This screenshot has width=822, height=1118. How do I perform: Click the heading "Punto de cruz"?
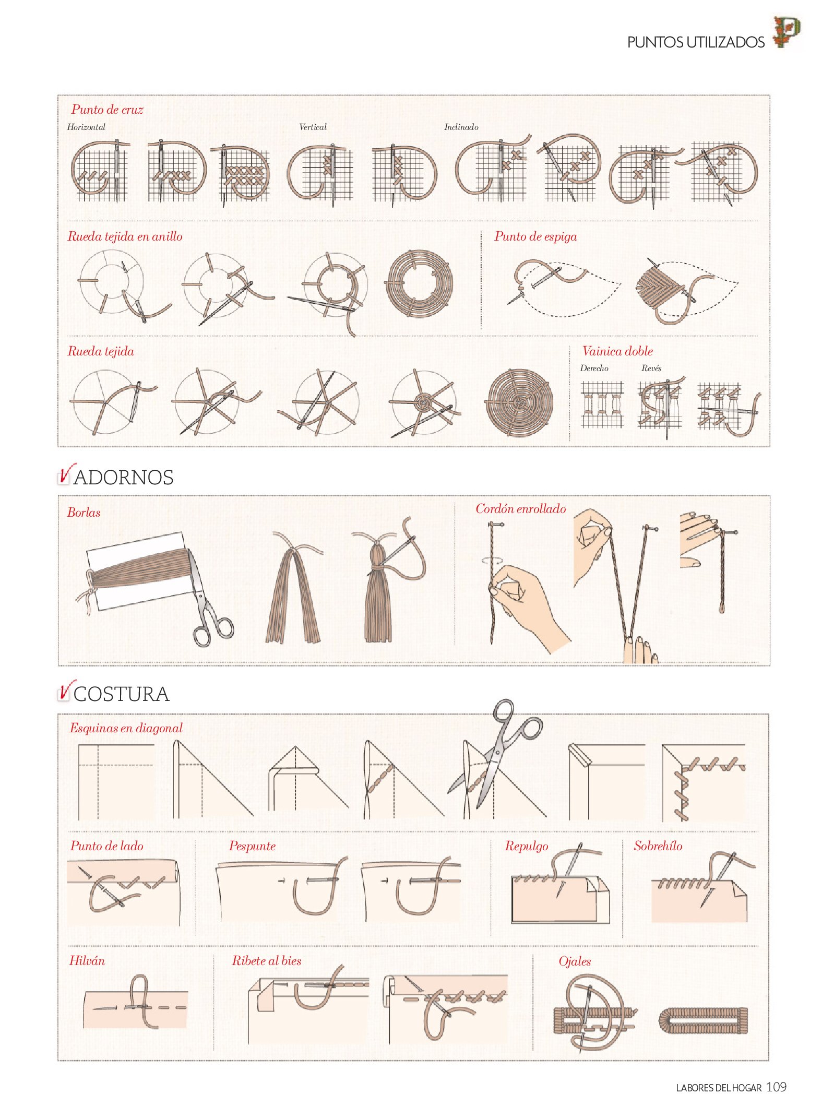tap(107, 110)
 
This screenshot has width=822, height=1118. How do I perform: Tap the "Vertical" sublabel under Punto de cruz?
tap(313, 127)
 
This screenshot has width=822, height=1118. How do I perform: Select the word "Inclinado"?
tap(461, 127)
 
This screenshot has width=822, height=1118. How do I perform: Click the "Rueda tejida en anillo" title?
tap(125, 236)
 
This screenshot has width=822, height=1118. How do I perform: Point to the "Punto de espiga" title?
tap(535, 236)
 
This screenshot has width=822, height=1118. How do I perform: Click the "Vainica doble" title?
tap(617, 351)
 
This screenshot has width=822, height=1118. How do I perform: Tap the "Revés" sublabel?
tap(651, 368)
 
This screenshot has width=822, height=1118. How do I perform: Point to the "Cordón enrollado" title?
tap(520, 509)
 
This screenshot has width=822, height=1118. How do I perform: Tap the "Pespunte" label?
tap(252, 846)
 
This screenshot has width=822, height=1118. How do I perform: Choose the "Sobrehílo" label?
tap(658, 846)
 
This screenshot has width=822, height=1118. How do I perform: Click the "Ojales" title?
tap(575, 961)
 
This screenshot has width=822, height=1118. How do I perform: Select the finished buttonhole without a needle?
tap(703, 1021)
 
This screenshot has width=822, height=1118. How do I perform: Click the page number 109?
tap(776, 1087)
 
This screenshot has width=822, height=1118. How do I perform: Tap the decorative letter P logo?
tap(787, 32)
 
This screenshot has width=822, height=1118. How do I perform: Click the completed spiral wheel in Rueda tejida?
tap(519, 402)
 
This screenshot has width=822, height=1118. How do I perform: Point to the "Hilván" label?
tap(87, 961)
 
